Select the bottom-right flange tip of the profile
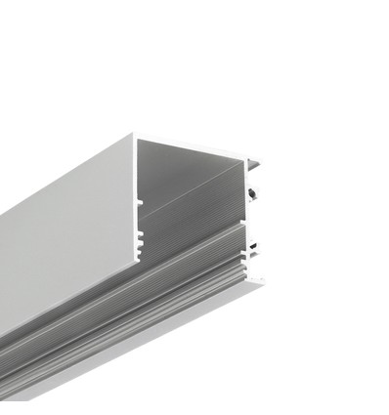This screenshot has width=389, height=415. [x=262, y=281]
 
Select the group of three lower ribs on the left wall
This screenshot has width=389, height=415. [x=140, y=237]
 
